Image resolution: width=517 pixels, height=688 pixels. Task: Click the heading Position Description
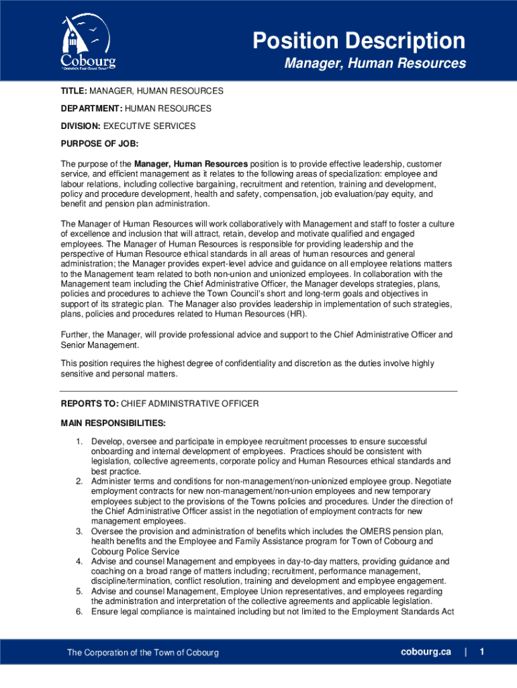[359, 41]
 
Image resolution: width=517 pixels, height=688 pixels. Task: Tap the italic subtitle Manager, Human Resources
[375, 64]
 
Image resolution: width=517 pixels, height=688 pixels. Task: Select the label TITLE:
[74, 91]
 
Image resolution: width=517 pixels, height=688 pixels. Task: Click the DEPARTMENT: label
[90, 108]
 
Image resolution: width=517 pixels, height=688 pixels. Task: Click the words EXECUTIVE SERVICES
[149, 126]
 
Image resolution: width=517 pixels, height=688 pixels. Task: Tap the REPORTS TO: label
[90, 404]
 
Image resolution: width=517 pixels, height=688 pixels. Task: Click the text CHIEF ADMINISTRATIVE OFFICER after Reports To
[190, 404]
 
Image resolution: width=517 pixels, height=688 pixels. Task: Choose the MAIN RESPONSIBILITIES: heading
[113, 423]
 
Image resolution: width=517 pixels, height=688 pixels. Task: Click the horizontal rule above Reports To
[258, 391]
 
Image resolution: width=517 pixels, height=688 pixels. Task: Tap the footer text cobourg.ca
[426, 652]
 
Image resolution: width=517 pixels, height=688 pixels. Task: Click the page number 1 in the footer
[482, 652]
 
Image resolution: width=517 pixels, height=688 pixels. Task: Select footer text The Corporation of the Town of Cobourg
[142, 653]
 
